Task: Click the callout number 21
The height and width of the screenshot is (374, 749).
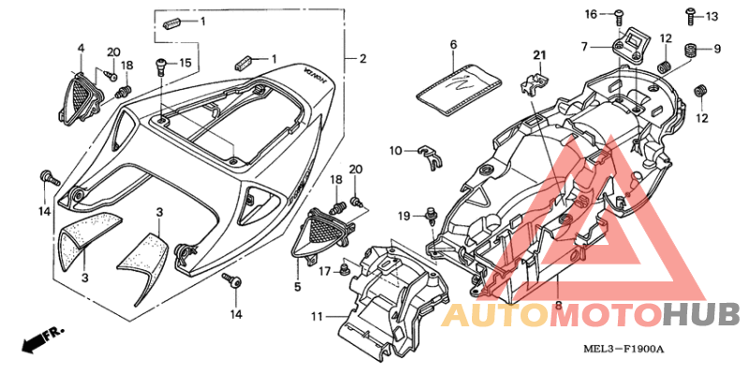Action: point(539,56)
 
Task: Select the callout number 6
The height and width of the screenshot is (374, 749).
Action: point(453,45)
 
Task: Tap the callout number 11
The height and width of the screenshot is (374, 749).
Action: point(317,316)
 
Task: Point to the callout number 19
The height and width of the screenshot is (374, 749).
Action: point(404,216)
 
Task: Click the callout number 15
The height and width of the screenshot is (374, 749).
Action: point(184,63)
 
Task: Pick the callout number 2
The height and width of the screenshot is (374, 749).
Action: point(363,59)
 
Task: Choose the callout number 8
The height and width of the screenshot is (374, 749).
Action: point(558,303)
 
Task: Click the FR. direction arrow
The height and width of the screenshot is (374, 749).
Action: point(44,339)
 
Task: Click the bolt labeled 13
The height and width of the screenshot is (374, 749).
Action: point(690,16)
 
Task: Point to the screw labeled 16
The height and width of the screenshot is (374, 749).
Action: point(619,17)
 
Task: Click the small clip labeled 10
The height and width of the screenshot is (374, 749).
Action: point(430,156)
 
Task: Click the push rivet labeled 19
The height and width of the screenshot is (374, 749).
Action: point(432,214)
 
